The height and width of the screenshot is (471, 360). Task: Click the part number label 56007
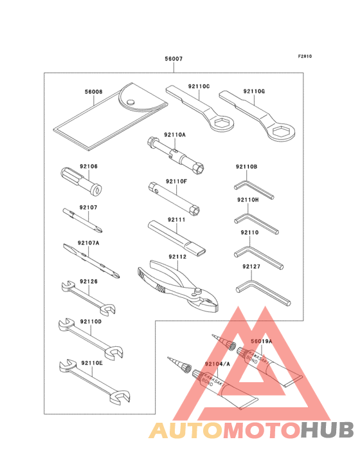coord(174,59)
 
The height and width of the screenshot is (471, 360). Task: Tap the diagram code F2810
coord(305,56)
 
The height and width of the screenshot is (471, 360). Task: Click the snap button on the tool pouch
coord(131,101)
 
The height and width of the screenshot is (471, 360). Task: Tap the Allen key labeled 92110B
coord(253,188)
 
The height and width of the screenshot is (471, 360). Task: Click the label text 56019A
coord(261,341)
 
